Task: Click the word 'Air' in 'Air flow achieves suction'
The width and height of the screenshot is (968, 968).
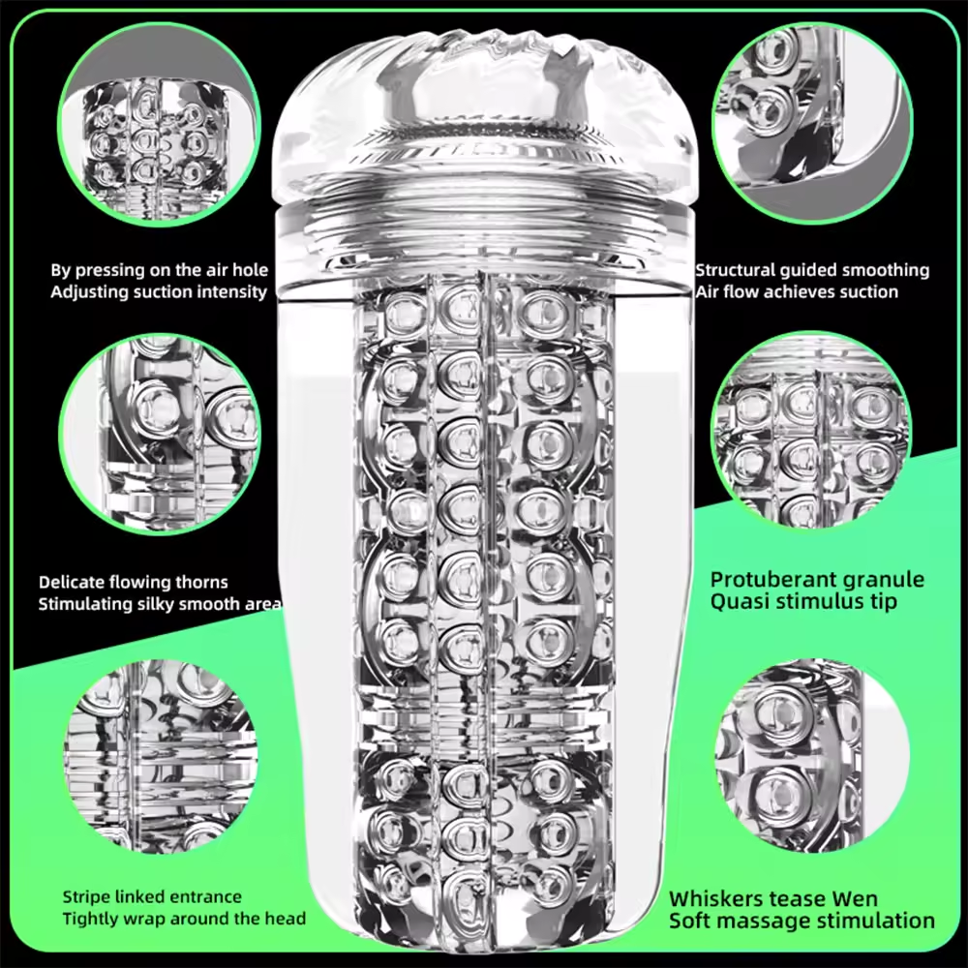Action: click(x=707, y=291)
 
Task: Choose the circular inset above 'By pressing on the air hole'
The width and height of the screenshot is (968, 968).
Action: click(x=159, y=124)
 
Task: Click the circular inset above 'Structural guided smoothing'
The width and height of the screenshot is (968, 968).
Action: click(x=812, y=122)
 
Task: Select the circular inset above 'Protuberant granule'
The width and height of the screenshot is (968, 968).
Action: click(x=811, y=431)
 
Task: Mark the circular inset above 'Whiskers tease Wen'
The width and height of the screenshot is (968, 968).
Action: click(x=812, y=756)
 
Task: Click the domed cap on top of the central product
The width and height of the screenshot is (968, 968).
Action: click(x=483, y=117)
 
